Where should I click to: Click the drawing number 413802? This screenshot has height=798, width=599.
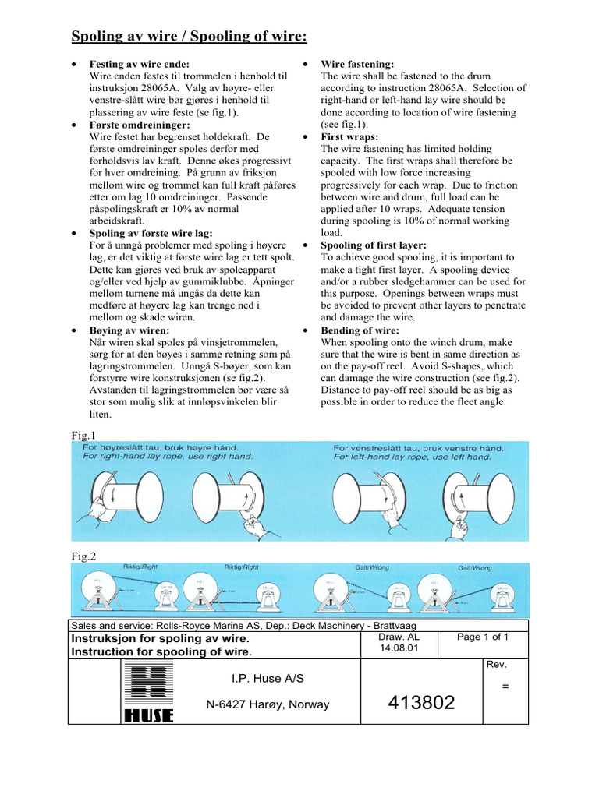click(x=420, y=704)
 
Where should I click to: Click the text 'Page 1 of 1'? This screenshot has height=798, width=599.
click(x=483, y=637)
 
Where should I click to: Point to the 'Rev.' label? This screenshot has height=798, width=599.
click(x=496, y=664)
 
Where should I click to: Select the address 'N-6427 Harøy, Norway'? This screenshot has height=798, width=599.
click(x=268, y=704)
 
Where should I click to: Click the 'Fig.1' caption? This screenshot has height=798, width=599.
click(x=83, y=436)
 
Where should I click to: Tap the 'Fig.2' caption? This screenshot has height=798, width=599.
click(x=83, y=556)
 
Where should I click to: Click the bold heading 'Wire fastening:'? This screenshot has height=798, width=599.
click(x=357, y=65)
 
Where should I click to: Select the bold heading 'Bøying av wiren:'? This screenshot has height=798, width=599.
click(x=129, y=330)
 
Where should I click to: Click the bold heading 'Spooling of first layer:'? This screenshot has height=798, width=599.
click(x=374, y=245)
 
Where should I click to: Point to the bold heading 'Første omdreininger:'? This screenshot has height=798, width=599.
click(x=140, y=125)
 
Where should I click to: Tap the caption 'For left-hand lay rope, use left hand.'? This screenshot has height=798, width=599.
click(x=412, y=457)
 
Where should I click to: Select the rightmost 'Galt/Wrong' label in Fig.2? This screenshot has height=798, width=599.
click(x=475, y=569)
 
